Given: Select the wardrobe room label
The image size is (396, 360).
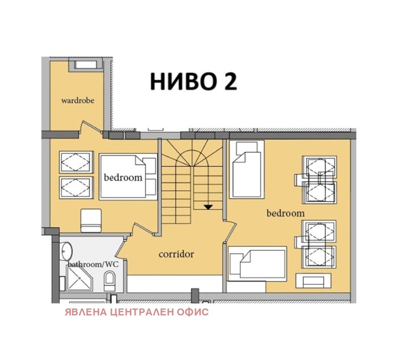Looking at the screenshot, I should pos(78,101).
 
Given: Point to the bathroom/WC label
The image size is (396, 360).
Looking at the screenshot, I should pos(94,264).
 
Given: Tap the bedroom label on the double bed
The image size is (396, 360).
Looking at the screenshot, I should pos(123,177).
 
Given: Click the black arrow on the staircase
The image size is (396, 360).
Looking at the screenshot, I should pos(208,206).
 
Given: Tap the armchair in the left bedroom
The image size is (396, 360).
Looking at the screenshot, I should pos(91,220).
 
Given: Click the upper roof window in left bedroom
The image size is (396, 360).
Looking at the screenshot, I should pos(75,161).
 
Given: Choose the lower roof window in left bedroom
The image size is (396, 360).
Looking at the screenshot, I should pos(75,186).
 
